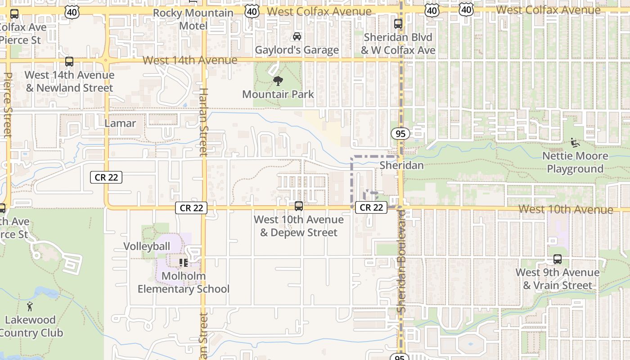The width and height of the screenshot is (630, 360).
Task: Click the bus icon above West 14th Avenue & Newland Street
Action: [x=69, y=62]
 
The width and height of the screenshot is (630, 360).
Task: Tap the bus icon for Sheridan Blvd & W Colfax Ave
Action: [x=398, y=24]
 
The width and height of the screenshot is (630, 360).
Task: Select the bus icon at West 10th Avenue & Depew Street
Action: [x=298, y=206]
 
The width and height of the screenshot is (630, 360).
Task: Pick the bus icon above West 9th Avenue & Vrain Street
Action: [x=557, y=259]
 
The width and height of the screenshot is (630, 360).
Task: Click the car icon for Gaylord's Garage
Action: [x=297, y=36]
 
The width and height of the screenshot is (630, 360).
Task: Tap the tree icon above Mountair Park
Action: [x=278, y=81]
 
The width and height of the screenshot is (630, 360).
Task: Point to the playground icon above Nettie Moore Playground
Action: [x=575, y=143]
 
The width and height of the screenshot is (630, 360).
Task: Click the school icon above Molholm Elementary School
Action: [x=183, y=262]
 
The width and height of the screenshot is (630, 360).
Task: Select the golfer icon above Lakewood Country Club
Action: [x=30, y=307]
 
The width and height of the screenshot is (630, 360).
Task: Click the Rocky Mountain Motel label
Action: [x=193, y=19]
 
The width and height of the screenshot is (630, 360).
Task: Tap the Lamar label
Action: [x=120, y=123]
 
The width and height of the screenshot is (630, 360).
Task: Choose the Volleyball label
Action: [x=147, y=246]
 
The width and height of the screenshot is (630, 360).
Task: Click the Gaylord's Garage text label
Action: [x=297, y=50]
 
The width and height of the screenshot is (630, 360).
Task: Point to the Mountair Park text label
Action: [x=278, y=94]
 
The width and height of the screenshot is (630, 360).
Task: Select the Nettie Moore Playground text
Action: [x=575, y=162]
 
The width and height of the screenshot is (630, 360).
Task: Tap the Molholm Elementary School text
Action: [x=184, y=282]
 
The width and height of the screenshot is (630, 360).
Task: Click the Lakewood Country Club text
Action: [x=31, y=326]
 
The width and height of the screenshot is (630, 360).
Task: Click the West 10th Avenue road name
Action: [x=566, y=209]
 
